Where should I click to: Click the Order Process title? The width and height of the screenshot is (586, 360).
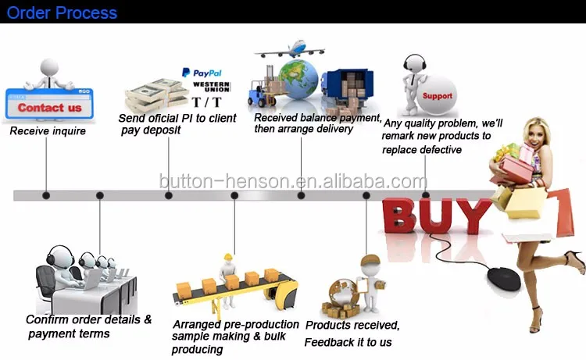(62, 13)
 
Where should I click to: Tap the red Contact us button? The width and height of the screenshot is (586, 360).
(49, 108)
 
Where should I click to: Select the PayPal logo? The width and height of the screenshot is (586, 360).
(202, 72)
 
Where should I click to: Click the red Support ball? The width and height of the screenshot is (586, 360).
(436, 96)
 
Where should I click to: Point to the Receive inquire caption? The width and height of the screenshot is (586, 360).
(48, 131)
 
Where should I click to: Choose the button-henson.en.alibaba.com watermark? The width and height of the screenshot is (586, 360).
(293, 181)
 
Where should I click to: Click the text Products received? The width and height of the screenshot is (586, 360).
(352, 325)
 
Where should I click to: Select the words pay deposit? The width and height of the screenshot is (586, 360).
(151, 130)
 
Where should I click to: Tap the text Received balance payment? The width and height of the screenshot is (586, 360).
(317, 118)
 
